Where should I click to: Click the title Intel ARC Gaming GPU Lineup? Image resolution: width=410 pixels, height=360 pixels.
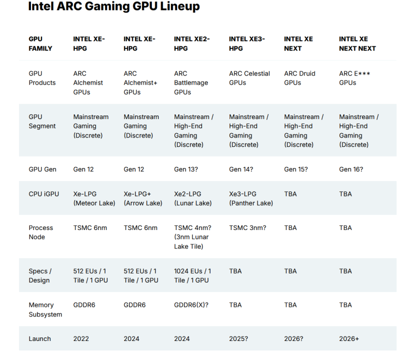114,6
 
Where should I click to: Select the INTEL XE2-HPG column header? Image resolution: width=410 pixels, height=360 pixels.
191,43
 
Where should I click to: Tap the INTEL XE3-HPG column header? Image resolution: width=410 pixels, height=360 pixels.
246,43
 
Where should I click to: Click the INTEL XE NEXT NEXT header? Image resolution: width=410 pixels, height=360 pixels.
357,43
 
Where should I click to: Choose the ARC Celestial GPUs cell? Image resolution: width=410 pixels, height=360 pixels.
249,78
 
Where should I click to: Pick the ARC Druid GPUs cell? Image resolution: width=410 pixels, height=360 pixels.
299,78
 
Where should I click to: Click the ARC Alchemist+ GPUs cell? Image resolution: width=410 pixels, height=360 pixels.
140,82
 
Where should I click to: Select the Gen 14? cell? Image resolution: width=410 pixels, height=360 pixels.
241,169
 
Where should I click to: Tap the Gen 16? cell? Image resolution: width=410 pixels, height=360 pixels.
351,169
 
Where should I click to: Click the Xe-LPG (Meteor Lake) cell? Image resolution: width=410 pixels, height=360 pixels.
94,198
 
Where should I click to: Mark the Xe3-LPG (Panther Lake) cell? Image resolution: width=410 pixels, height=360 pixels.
251,198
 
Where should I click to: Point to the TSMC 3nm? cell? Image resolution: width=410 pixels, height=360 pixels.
247,228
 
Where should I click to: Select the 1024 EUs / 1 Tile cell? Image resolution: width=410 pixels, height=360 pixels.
192,275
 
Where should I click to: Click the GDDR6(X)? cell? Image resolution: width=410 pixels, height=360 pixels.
191,305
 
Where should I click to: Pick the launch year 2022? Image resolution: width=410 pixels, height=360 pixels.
81,339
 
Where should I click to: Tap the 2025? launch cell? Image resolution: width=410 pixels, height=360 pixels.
238,339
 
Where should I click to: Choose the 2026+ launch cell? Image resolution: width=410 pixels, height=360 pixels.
349,339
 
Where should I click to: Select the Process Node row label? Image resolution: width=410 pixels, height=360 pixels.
40,232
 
